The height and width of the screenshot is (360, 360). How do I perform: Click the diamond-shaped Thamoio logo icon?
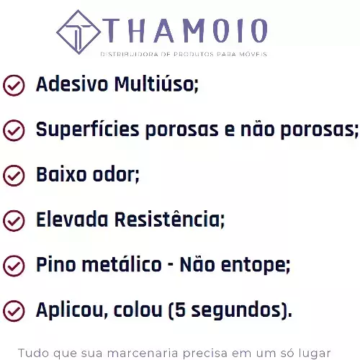78,32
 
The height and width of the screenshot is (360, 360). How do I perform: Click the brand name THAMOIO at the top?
186,30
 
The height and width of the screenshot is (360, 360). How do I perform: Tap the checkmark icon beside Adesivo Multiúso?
14,85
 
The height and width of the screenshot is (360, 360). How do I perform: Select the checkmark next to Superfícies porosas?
14,130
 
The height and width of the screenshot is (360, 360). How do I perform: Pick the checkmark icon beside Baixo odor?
14,176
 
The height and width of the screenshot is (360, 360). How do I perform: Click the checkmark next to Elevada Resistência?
14,220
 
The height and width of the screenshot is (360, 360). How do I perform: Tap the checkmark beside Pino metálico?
14,266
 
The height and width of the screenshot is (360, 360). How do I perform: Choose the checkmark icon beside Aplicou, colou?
14,311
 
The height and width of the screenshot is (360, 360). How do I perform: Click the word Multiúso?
156,84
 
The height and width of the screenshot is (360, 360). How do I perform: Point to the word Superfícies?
88,130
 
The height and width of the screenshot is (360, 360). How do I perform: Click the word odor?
116,175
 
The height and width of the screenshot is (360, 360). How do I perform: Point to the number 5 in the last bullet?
180,310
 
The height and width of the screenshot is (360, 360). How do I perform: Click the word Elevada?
72,220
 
